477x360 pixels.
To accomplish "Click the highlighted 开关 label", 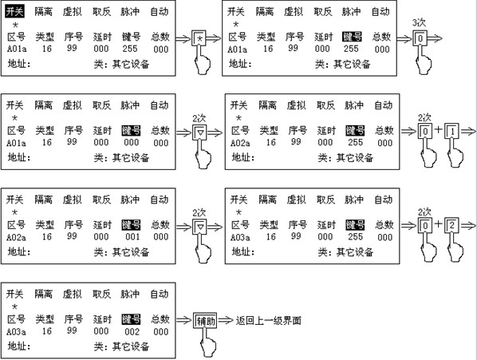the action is click(x=14, y=11).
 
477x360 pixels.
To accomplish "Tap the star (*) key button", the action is click(x=199, y=38).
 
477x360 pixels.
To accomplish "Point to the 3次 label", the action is click(x=419, y=22).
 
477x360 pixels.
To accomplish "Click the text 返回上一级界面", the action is click(x=268, y=320).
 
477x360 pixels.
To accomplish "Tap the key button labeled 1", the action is click(x=451, y=132).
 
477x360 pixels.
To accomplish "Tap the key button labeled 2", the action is click(x=451, y=225).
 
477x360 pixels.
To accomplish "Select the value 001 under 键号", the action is click(x=132, y=237).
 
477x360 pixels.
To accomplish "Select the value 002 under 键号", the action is click(x=132, y=331).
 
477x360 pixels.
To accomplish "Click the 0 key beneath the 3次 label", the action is click(x=420, y=38).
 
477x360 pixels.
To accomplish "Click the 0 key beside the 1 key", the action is click(x=425, y=132).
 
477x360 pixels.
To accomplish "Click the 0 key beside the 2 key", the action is click(x=425, y=225).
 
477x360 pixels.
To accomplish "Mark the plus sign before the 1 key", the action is click(x=438, y=129).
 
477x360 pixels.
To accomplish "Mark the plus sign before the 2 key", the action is click(x=438, y=224).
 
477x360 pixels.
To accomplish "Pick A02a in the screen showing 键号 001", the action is click(x=16, y=237).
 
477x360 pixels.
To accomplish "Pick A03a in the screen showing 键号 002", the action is click(x=16, y=331).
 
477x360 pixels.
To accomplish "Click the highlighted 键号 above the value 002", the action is click(x=131, y=319).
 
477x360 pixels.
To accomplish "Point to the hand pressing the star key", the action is click(x=203, y=60).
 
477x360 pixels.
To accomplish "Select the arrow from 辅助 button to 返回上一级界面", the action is click(x=226, y=320).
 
